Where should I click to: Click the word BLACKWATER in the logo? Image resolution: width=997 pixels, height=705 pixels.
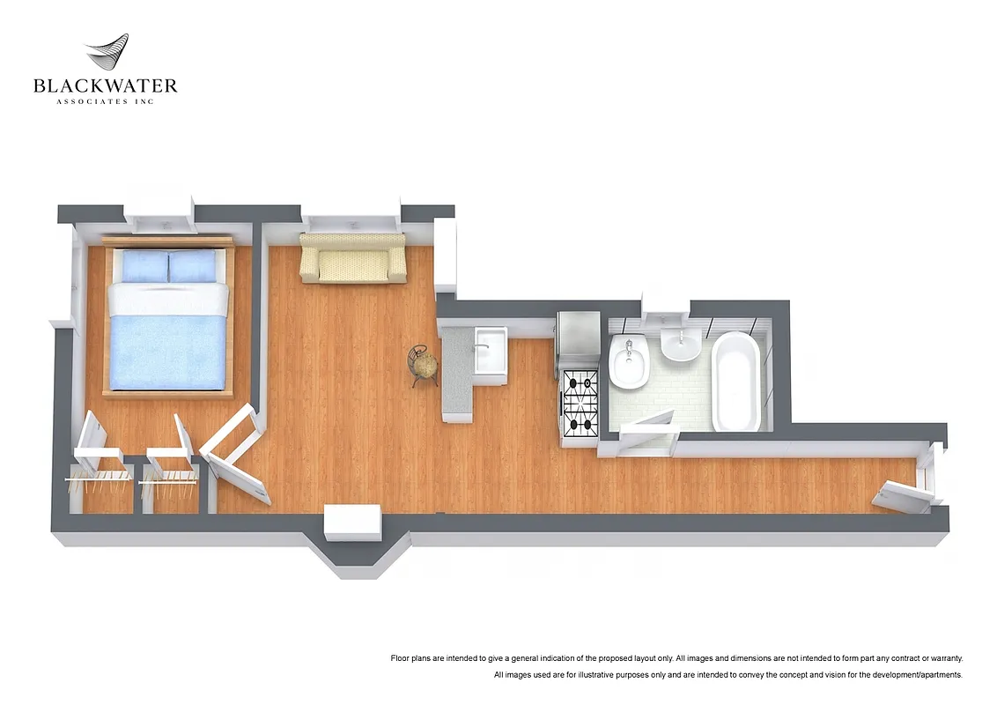pos(106,86)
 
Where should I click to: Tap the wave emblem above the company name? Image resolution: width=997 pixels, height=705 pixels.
pos(107,55)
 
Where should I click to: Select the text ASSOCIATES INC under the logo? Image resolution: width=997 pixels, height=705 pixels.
pos(106,102)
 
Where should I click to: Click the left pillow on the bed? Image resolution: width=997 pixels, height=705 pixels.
pos(144,266)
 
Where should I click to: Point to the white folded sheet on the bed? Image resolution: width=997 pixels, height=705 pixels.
pos(168,300)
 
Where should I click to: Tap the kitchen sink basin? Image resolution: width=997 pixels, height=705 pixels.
pos(489,352)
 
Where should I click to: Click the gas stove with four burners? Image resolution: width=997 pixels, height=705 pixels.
pos(580,404)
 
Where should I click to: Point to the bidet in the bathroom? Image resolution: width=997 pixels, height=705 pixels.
pos(628,363)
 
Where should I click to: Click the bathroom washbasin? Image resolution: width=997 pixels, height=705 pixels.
pos(680,346)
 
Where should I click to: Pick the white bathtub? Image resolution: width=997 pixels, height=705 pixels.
pos(735,381)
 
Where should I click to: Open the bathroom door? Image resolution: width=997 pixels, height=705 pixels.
pos(649,431)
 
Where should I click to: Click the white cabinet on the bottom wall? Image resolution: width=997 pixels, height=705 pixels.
pos(352,523)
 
